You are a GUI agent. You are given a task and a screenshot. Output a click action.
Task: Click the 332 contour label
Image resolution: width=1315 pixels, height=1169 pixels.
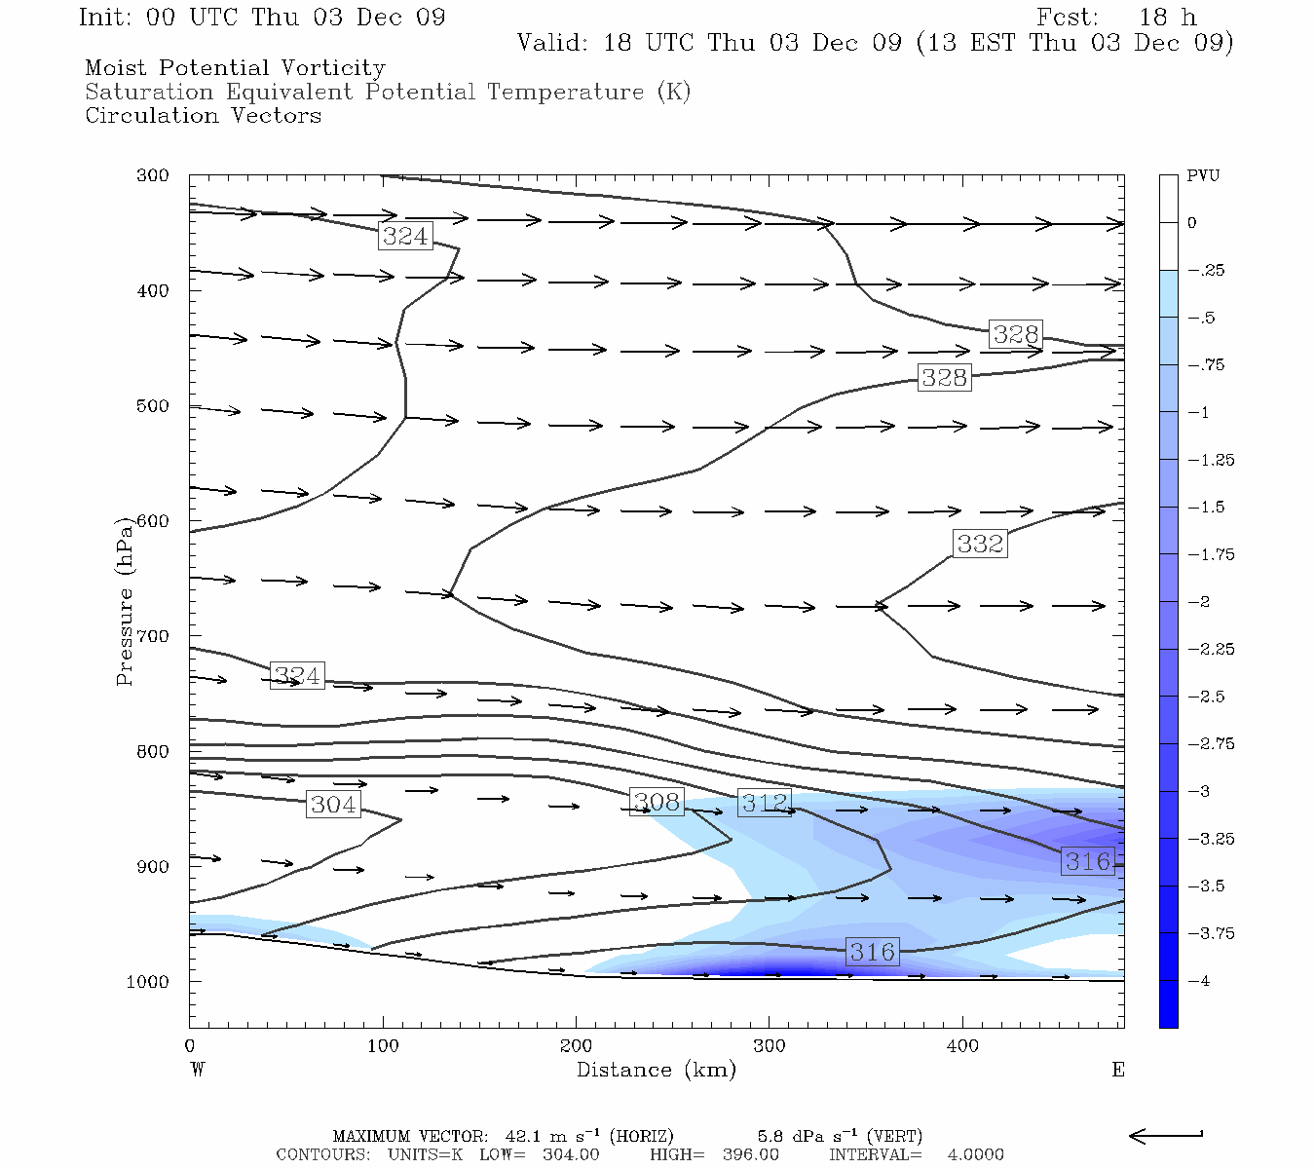pos(980,544)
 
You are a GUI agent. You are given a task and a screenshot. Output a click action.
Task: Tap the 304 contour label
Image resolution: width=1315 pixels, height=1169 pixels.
pos(333,805)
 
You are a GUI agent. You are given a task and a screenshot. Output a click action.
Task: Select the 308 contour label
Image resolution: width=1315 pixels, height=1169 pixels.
pos(657,802)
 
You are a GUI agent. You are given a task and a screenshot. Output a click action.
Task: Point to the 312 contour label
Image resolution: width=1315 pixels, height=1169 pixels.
pos(765,803)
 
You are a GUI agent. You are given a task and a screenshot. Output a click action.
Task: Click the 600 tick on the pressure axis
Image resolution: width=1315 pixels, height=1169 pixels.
pos(153,521)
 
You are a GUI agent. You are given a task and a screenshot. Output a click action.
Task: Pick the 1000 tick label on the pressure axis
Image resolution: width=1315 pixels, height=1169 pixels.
pos(148,982)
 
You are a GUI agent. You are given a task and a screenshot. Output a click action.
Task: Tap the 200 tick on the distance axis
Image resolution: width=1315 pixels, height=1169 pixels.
pos(576,1046)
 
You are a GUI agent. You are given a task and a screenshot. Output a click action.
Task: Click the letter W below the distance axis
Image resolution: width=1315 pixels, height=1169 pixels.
pos(198,1070)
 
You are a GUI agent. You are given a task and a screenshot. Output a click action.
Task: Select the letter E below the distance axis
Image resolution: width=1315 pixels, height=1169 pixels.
pos(1118,1070)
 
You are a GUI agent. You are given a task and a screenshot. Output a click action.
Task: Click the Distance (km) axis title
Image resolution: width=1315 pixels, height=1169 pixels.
pos(656,1070)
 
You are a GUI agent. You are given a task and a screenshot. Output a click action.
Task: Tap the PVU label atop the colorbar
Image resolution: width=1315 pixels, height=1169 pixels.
pos(1203,176)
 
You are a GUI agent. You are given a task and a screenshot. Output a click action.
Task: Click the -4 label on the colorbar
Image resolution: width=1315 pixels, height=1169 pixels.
pos(1200,981)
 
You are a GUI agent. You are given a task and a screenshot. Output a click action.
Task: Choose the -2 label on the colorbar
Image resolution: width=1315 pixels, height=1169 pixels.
pos(1200,602)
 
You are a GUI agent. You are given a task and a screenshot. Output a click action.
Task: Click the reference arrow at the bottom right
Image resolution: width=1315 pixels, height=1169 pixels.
pos(1166,1135)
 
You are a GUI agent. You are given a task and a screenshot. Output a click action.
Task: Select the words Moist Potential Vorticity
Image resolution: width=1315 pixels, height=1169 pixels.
pos(235,68)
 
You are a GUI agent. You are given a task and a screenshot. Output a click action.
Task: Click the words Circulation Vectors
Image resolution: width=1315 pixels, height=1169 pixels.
pos(203,116)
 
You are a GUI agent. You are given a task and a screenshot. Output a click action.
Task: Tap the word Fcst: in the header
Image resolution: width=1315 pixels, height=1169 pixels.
pos(1067,18)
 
